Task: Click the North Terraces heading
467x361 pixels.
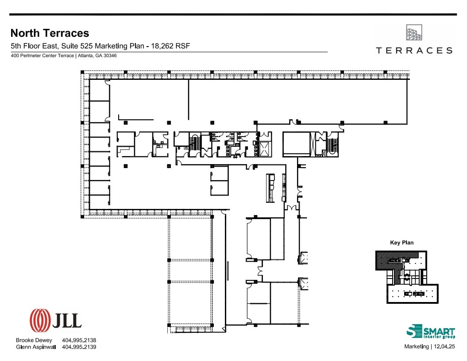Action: coord(50,33)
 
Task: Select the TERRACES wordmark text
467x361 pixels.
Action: coord(414,51)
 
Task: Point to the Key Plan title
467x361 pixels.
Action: coord(401,243)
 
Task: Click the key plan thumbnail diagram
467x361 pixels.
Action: coord(407,277)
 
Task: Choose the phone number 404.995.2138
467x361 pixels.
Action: coord(79,340)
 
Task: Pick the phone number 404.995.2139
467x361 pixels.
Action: coord(79,347)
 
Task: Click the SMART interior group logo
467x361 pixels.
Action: coord(430,332)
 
